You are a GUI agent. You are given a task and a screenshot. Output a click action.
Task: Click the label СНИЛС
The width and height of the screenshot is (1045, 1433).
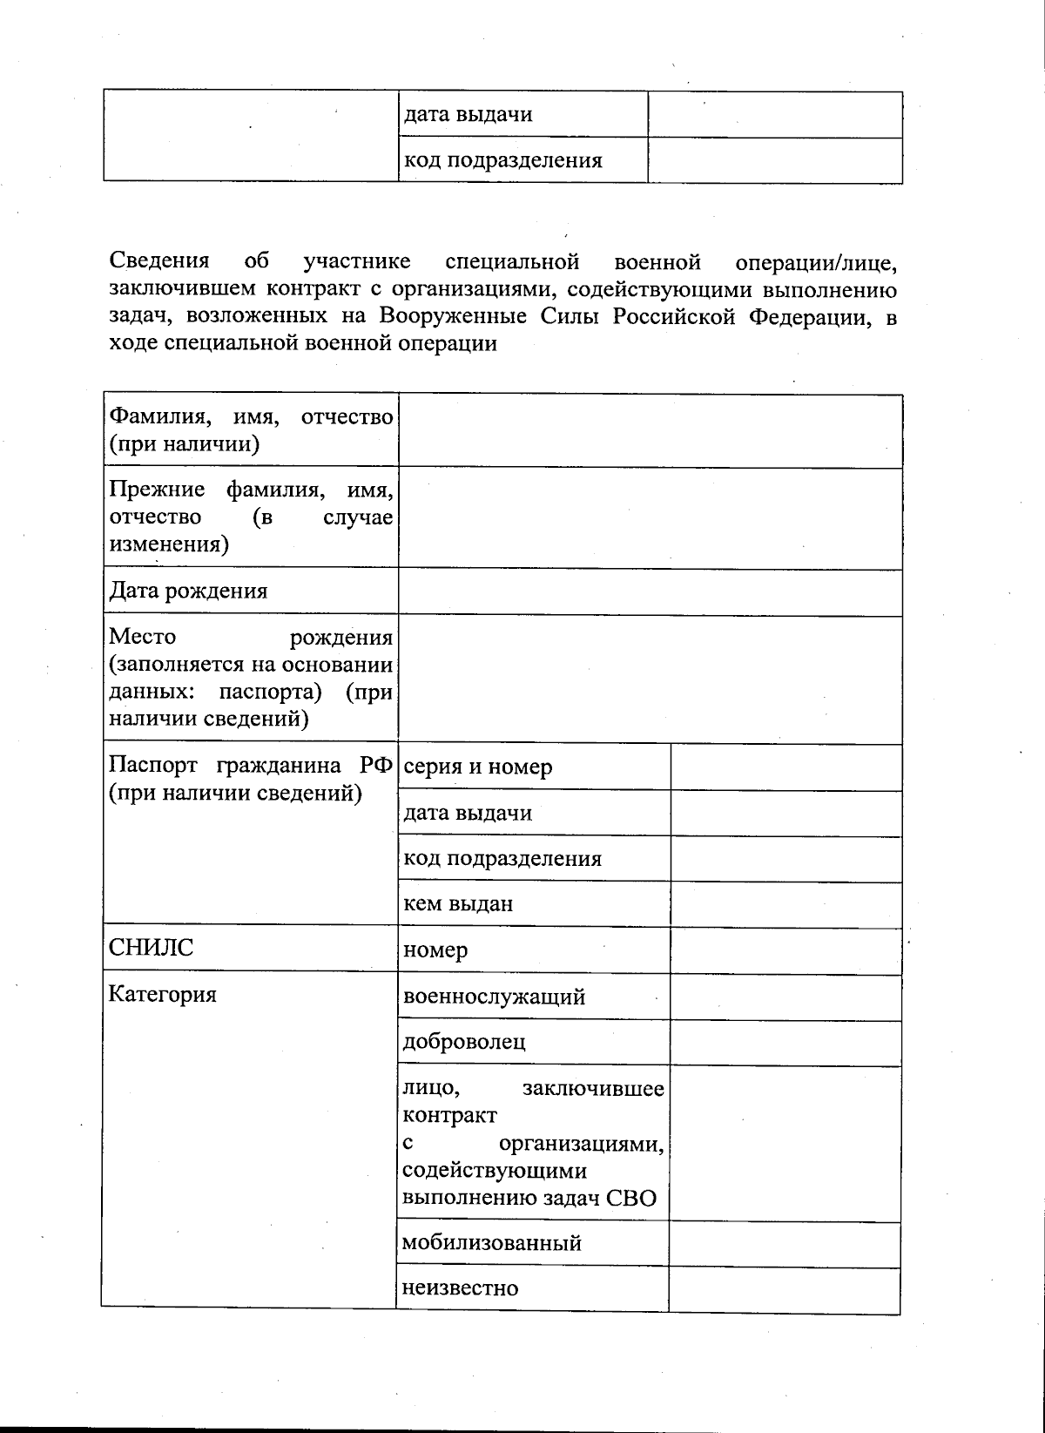151,948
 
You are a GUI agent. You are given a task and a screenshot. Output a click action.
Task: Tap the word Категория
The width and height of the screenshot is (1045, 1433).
162,994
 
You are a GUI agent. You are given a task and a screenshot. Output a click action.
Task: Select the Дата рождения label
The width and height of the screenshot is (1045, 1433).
187,591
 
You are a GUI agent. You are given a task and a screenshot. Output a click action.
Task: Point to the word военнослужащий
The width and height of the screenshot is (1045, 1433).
493,997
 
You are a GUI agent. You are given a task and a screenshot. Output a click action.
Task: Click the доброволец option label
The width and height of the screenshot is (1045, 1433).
463,1042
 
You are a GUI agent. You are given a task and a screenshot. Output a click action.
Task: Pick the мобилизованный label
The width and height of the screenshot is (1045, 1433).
491,1242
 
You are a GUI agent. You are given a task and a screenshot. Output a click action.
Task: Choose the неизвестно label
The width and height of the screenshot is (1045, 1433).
460,1288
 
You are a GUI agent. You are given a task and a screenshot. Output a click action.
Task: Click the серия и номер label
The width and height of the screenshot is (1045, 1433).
477,767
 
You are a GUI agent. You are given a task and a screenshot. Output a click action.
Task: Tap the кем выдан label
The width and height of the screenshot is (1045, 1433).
457,903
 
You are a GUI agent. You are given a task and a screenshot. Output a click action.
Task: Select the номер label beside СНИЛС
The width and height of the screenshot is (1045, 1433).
435,950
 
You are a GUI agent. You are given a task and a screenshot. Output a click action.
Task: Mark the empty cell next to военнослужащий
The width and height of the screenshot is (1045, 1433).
785,997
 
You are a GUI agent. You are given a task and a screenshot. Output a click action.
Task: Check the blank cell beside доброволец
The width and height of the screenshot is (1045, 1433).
785,1042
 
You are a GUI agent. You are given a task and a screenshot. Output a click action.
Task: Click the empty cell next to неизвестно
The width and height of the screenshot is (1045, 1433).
784,1288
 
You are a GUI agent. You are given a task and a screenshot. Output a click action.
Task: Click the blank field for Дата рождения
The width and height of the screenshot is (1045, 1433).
650,592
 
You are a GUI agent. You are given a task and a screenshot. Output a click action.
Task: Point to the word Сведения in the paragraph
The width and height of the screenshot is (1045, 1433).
159,260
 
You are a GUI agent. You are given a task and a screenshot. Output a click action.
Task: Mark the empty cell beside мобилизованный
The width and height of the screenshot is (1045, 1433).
784,1243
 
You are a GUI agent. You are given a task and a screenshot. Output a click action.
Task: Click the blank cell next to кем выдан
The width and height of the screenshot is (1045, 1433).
785,903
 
